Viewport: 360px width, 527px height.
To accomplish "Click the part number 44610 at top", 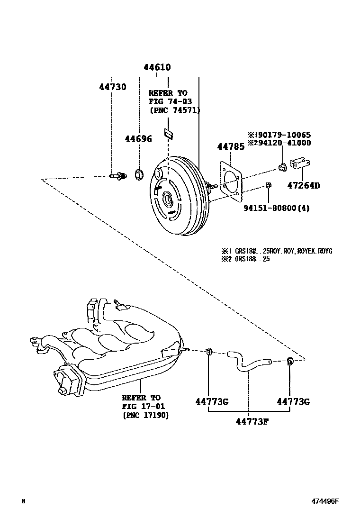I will (x=157, y=68).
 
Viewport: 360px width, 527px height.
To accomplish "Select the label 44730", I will (x=113, y=87).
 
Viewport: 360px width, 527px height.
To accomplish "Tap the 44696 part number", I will (x=138, y=138).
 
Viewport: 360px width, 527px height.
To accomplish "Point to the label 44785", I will (x=231, y=146).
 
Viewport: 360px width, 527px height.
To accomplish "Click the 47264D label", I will (x=303, y=185).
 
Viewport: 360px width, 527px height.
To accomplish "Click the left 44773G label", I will (x=212, y=402).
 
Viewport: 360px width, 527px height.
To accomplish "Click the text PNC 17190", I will (x=145, y=415).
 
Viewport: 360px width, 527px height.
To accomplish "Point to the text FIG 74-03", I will (x=168, y=101).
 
